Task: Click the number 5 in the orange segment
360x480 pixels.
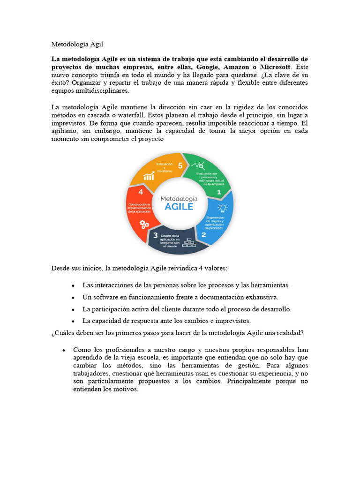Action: [x=180, y=165]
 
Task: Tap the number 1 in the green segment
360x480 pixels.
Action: [x=218, y=192]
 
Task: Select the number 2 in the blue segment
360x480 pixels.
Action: [x=203, y=234]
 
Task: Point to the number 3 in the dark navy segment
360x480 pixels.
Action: [x=154, y=236]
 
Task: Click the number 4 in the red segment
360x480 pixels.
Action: [x=141, y=192]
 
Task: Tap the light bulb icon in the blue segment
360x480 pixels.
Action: [x=222, y=208]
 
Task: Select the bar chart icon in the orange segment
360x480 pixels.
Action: [x=150, y=176]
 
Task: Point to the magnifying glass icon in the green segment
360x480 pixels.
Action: [x=200, y=165]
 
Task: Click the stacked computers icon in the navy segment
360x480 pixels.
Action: [x=189, y=242]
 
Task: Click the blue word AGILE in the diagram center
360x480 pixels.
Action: [x=180, y=206]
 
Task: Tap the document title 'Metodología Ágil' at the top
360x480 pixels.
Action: [x=77, y=44]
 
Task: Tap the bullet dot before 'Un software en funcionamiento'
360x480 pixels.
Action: [x=73, y=298]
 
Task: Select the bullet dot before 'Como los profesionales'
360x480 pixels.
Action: [x=63, y=350]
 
